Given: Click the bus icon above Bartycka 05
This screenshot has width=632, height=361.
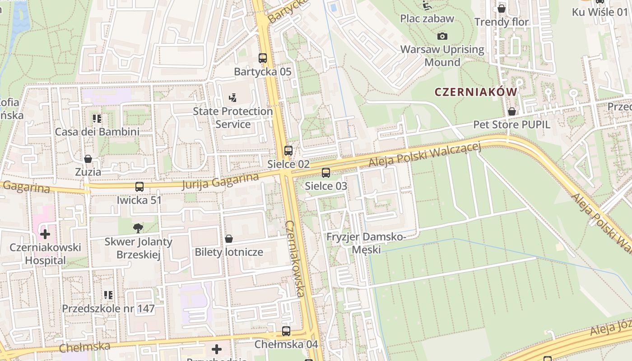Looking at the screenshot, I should pos(263,58).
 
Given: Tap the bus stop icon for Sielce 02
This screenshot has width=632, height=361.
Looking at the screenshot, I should pos(288,151).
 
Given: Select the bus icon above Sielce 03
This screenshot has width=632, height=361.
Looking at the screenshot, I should pos(325,172).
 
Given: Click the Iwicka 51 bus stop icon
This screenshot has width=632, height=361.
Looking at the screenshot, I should pos(139,187).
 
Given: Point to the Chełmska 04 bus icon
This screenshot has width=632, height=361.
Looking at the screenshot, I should pos(286,331).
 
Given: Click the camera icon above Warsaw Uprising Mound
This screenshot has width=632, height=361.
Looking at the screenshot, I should pos(442,36).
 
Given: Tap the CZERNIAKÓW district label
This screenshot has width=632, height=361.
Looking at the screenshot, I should pos(476,92).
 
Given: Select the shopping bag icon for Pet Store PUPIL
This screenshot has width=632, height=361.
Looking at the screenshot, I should pos(512,111).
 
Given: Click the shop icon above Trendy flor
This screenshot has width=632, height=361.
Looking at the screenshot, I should pos(501,9).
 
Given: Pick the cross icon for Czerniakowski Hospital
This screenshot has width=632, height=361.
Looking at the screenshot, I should pos(45,234).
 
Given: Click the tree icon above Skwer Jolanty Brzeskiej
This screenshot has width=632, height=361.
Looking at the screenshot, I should pos(139,228).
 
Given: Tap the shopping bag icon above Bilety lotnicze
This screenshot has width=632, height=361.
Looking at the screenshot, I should pos(229,239).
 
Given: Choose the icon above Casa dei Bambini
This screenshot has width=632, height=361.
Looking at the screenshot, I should pos(97,119).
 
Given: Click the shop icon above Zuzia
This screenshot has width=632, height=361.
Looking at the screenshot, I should pos(88,159).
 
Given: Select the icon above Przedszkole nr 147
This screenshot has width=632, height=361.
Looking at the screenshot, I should pos(108,295).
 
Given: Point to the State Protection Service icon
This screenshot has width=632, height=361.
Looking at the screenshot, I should pos(233,97).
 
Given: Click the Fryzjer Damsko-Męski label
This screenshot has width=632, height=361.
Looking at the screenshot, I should pos(366,243).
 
